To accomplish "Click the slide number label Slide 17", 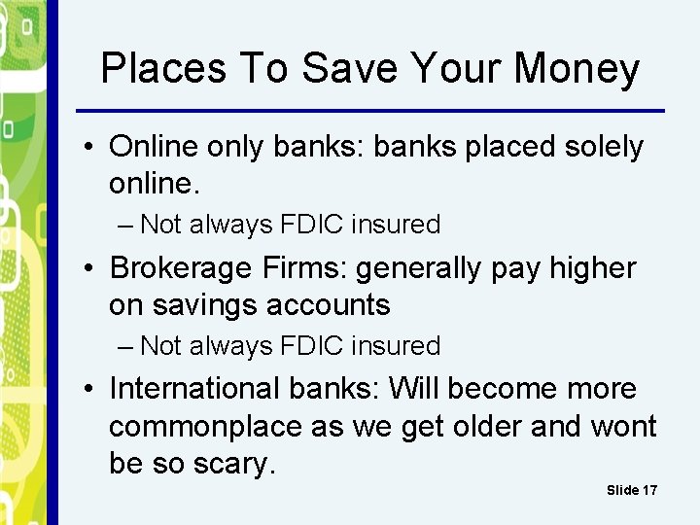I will [x=631, y=490].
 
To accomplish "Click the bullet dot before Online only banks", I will [x=88, y=148].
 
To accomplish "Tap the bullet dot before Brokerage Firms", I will [x=88, y=268].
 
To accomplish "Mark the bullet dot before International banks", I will [x=88, y=390].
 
